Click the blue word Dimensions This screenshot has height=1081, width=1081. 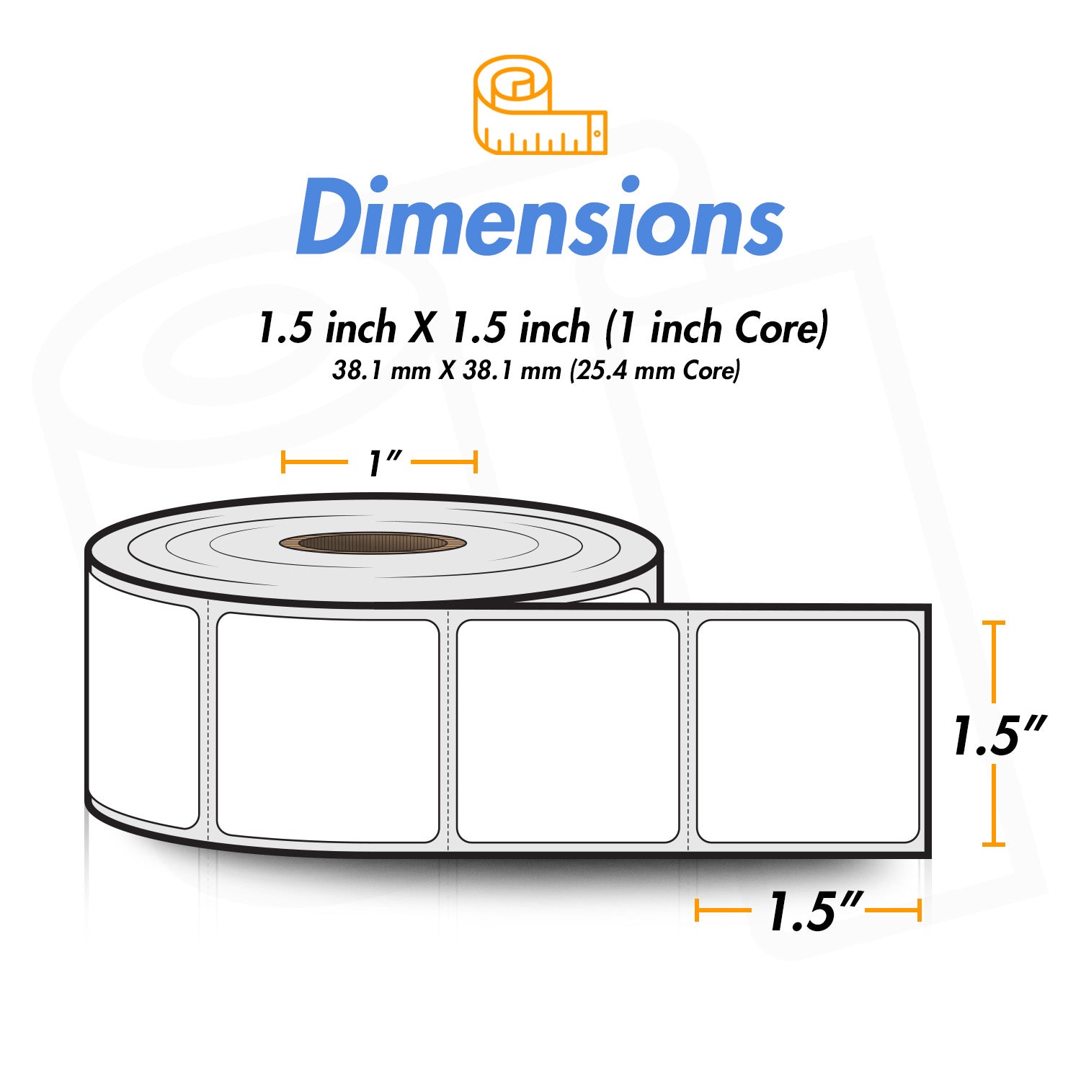tap(540, 217)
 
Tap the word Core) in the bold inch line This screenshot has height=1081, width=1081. tap(781, 328)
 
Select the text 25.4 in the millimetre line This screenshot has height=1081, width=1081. tap(605, 370)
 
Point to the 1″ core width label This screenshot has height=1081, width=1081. tap(379, 463)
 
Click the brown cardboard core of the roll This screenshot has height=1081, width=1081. tap(373, 543)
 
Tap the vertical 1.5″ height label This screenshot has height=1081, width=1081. tap(997, 736)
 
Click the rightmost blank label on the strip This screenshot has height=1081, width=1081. tap(808, 731)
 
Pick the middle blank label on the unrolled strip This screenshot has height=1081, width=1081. tap(568, 731)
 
